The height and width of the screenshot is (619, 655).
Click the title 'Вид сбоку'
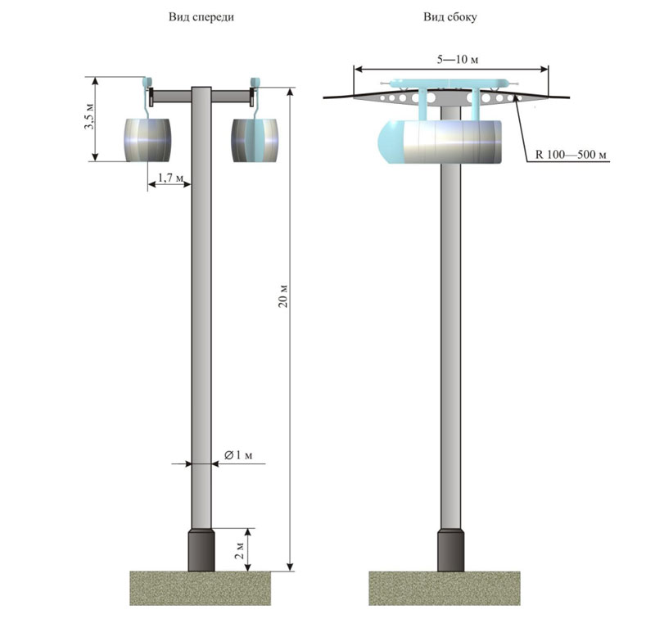click(x=450, y=16)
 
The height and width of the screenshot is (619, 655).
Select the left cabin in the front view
click(x=150, y=139)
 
